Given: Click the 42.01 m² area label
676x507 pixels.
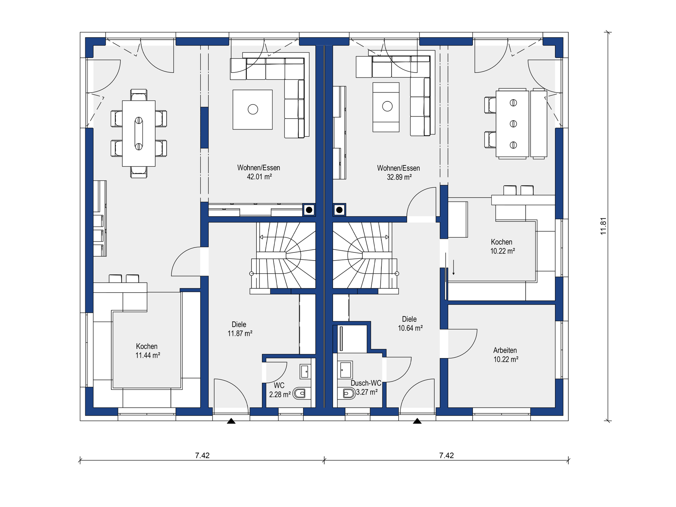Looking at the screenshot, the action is (259, 177).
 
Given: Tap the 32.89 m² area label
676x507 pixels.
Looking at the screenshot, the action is (399, 177).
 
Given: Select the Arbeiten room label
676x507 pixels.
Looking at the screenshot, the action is (505, 350).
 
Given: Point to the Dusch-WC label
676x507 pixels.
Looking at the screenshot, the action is (366, 383).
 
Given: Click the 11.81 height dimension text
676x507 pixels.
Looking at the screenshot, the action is (603, 226).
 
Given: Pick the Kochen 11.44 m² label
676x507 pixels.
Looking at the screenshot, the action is (148, 351).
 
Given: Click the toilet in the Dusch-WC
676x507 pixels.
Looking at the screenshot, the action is (349, 393).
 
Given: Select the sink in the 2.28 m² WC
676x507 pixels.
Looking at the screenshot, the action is (305, 371).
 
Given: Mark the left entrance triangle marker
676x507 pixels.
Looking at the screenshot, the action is (231, 421).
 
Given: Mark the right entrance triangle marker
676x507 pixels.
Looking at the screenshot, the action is (417, 421).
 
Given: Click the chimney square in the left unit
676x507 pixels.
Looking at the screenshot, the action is (309, 210).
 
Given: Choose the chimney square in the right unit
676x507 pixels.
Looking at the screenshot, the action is (339, 210).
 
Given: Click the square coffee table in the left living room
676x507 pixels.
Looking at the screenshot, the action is (252, 109).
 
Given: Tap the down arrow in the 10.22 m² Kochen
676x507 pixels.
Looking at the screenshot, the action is (453, 267).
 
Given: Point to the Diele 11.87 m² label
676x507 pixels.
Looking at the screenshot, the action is (239, 329).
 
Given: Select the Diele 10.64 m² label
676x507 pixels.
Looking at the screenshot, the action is (410, 324).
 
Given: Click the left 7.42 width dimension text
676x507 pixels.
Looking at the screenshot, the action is (202, 456).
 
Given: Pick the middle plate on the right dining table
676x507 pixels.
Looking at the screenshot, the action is (513, 124).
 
